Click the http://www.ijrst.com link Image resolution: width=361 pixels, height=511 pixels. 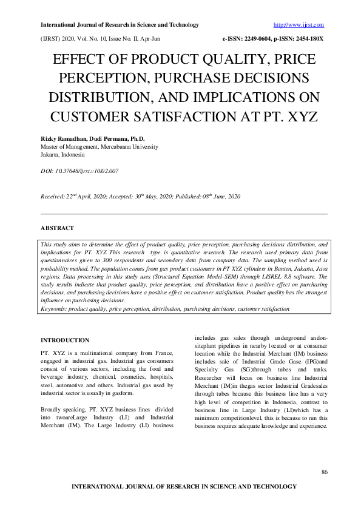(299, 25)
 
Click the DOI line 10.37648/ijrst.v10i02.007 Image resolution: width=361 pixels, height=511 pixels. (79, 171)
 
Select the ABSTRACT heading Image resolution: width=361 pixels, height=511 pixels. (57, 228)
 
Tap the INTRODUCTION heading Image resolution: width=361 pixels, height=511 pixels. (65, 340)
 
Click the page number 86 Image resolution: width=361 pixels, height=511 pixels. (324, 472)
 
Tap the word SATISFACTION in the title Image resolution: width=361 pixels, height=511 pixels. (204, 115)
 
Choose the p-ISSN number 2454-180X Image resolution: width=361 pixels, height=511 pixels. (306, 38)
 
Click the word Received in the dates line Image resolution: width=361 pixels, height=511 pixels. (54, 197)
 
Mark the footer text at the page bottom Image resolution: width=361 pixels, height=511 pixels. (184, 487)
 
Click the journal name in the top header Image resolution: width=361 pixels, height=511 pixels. (120, 25)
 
